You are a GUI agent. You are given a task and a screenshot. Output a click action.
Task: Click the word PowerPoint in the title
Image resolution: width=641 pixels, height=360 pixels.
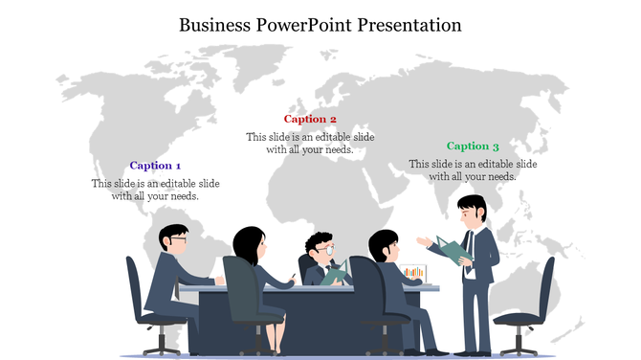[304, 25]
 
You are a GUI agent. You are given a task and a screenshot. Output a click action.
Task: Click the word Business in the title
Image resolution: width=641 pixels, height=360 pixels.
[215, 25]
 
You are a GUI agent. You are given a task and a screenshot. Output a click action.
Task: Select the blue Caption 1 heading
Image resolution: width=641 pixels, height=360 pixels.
[155, 166]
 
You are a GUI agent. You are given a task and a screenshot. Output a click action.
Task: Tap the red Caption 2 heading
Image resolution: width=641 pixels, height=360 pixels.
[310, 120]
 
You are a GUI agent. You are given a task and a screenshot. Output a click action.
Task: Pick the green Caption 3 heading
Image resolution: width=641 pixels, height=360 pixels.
[473, 146]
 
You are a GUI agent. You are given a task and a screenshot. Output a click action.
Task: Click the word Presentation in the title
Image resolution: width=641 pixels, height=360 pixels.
[409, 25]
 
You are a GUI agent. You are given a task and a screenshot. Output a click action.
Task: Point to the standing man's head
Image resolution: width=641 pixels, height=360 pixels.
[472, 210]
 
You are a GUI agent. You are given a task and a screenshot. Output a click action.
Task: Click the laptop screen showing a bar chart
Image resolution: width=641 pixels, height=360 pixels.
[413, 273]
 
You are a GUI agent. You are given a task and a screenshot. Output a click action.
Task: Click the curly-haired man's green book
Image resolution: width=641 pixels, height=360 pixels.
[335, 274]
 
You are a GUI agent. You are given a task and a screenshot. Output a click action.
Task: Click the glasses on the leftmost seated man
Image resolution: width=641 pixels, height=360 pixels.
[179, 240]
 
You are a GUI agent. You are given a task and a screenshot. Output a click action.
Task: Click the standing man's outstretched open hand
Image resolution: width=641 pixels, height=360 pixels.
[423, 240]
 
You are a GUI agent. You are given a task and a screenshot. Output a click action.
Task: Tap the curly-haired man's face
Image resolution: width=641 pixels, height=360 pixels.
[322, 250]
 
